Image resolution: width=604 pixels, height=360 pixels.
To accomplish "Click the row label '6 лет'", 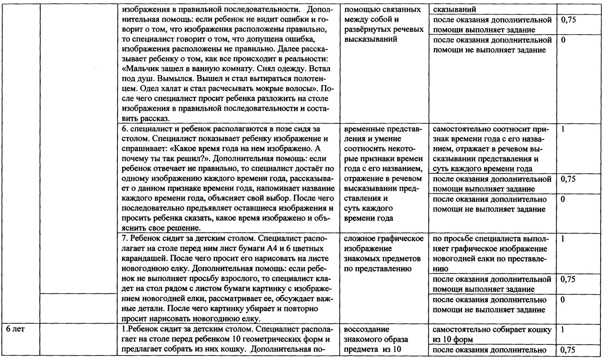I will point(15,329).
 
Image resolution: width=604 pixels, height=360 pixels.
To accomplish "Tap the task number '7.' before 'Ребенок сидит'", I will point(125,239).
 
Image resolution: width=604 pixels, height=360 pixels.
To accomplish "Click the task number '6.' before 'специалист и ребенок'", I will point(125,129).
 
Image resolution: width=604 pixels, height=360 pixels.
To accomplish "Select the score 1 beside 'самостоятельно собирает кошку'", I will point(563,329).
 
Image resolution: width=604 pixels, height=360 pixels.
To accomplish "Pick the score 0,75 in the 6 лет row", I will point(568,350).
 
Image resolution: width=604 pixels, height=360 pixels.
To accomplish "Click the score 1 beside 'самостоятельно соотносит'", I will point(563,129).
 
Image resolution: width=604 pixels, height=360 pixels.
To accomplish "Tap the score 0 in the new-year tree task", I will point(563,300).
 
